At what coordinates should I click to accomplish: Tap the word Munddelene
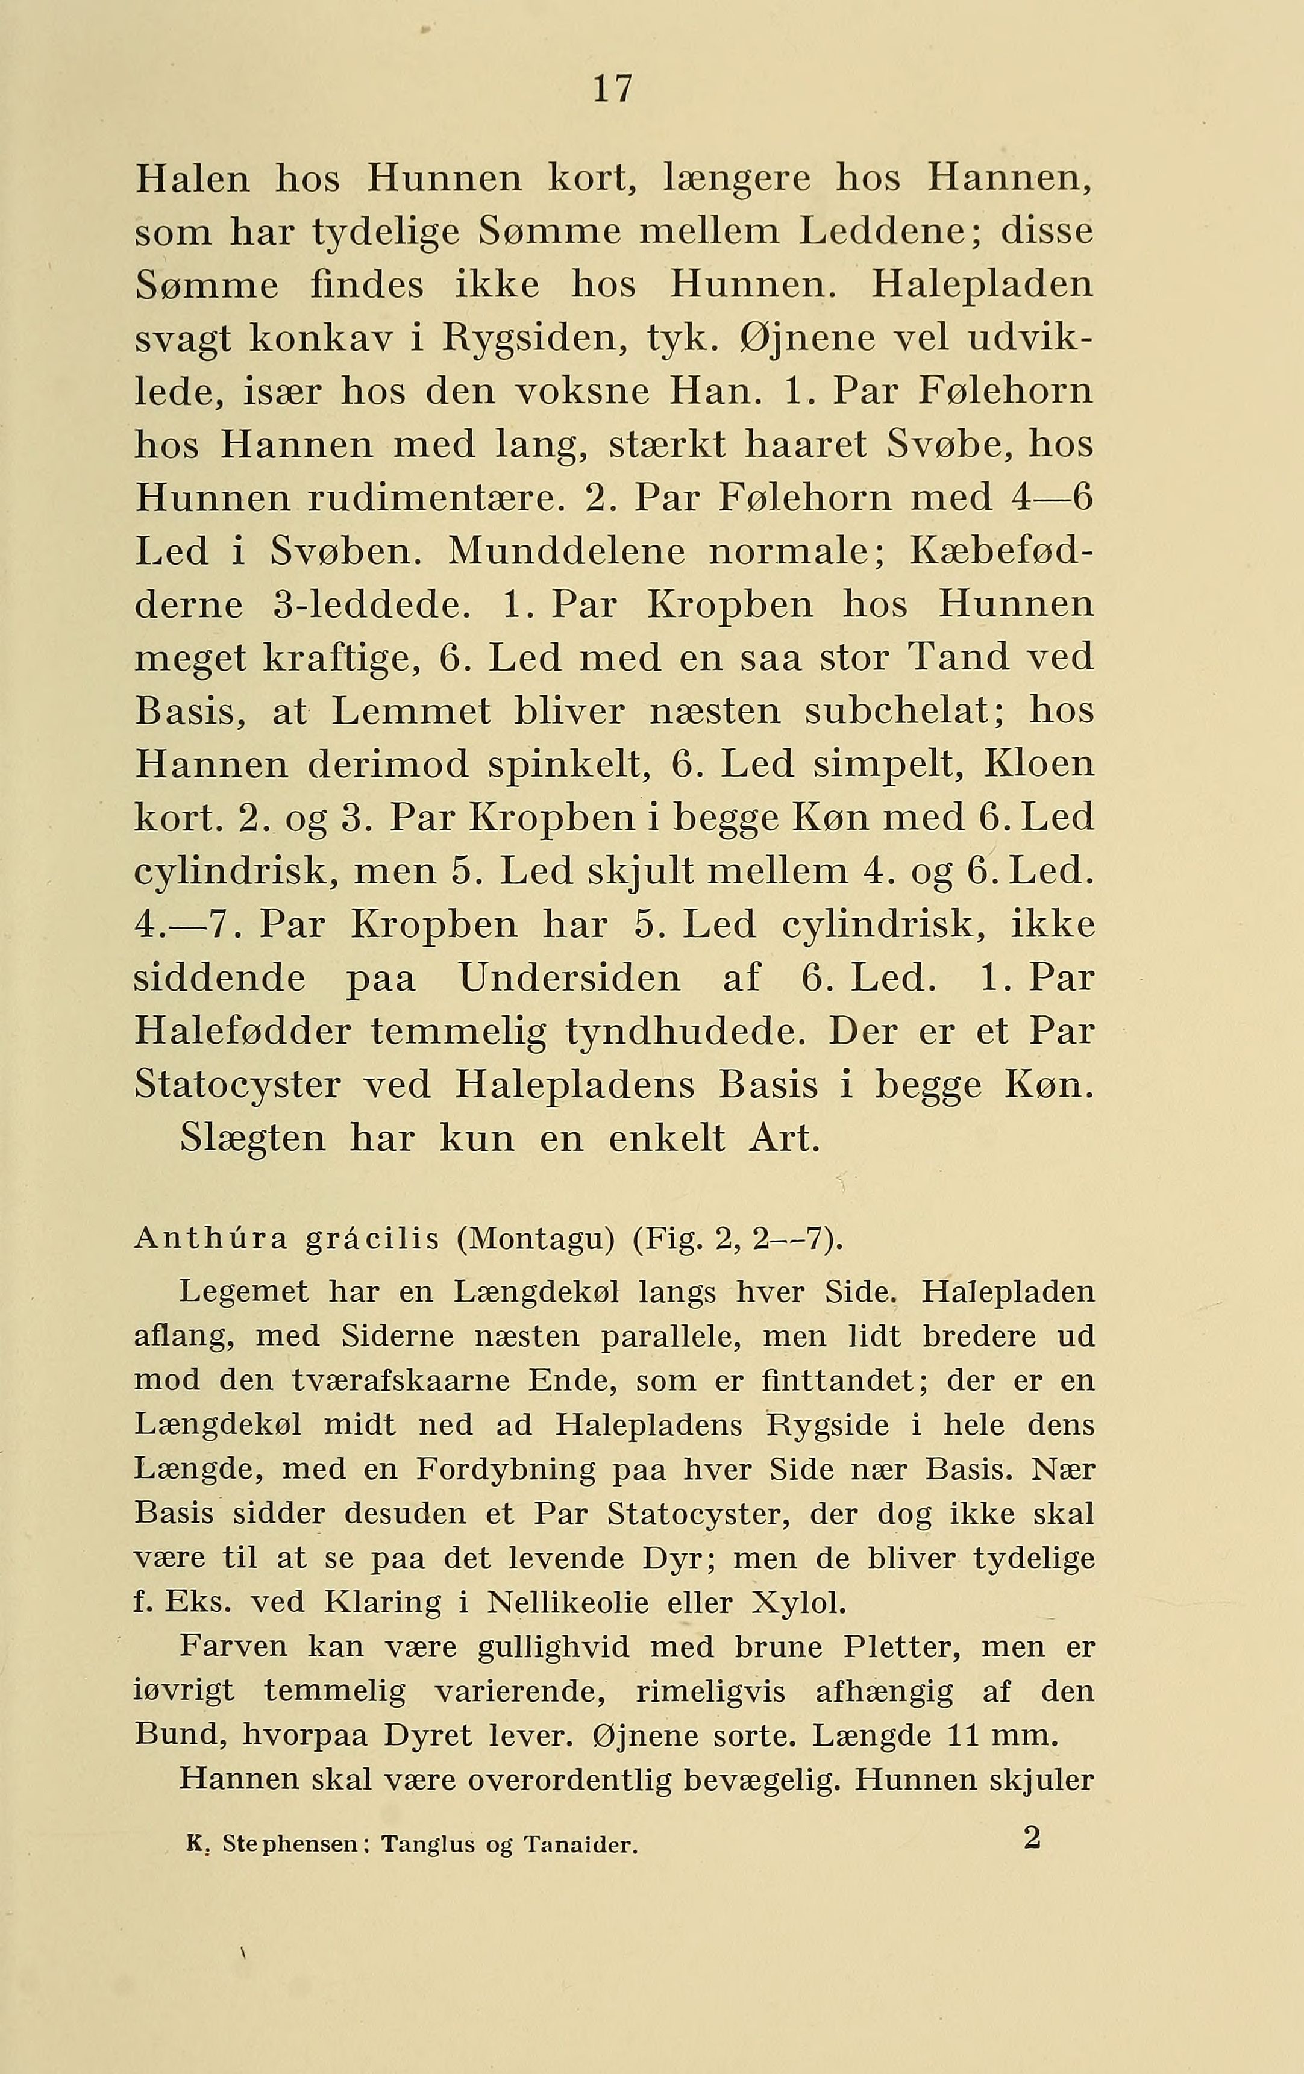coord(566,552)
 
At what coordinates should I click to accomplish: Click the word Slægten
coord(253,1139)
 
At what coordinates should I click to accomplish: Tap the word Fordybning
coord(506,1470)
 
